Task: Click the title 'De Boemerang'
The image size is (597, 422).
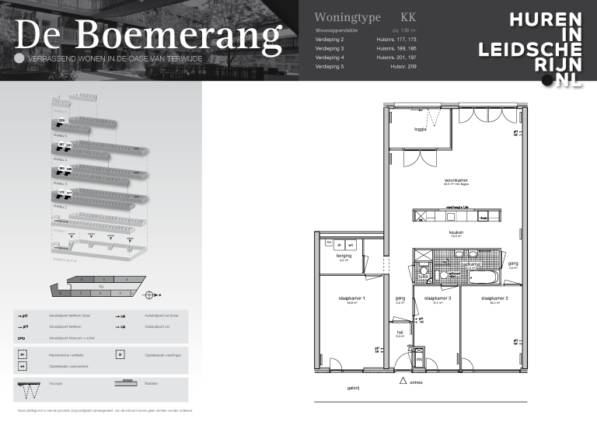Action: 148,35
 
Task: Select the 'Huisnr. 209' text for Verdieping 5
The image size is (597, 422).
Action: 403,68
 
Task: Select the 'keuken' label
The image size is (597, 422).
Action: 456,232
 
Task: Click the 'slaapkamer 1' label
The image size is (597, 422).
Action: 352,298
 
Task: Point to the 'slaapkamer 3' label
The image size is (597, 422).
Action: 437,298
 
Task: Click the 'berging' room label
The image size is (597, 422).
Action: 345,255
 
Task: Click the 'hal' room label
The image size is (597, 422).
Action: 400,332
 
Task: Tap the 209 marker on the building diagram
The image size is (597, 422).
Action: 61,121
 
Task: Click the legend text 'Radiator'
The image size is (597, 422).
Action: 154,383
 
